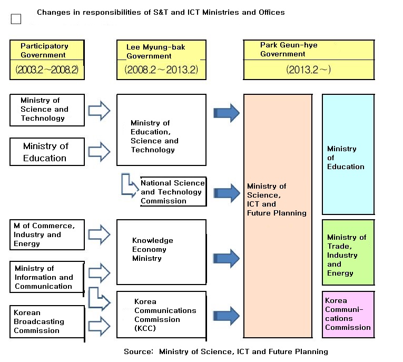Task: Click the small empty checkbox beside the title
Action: point(16,19)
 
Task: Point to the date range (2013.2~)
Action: point(309,70)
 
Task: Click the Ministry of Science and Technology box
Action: point(47,110)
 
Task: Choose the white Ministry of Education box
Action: point(47,152)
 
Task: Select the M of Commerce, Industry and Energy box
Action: point(47,234)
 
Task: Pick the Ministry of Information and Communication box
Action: point(47,277)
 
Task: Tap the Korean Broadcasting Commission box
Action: point(47,321)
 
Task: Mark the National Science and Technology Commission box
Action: point(172,192)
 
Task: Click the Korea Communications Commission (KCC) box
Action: point(161,315)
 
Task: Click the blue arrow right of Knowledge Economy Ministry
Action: point(226,258)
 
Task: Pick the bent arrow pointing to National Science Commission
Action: point(128,184)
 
